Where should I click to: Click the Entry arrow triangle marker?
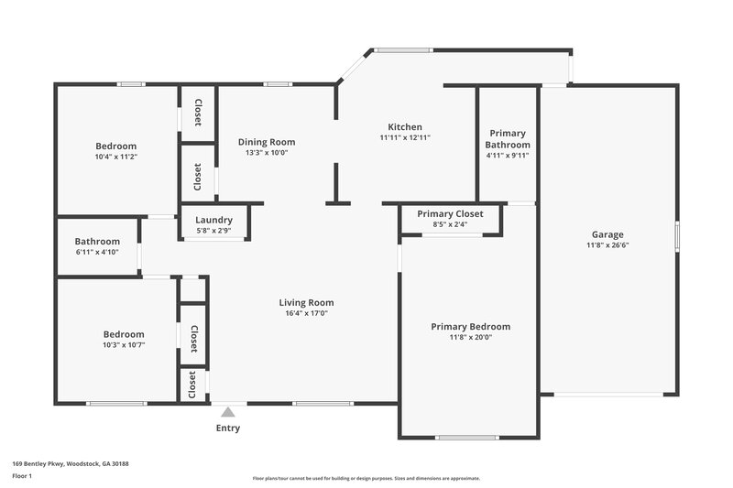click(x=227, y=412)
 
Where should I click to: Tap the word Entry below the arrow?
click(x=228, y=428)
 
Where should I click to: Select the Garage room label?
click(x=607, y=233)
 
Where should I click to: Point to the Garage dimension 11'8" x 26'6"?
click(x=607, y=244)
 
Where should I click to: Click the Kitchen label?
click(x=404, y=127)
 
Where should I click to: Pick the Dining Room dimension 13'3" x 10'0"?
click(x=267, y=153)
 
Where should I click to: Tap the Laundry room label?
click(x=213, y=221)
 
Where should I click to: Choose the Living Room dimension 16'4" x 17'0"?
click(x=306, y=313)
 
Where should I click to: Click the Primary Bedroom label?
click(x=471, y=327)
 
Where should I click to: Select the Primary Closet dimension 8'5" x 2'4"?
click(x=449, y=223)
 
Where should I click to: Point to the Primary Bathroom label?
click(x=508, y=139)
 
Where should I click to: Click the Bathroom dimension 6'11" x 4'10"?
click(x=97, y=252)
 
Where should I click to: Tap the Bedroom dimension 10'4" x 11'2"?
click(x=116, y=157)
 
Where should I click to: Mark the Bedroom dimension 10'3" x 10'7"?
click(x=123, y=345)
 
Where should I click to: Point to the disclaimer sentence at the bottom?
click(x=366, y=478)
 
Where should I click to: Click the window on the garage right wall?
click(x=677, y=234)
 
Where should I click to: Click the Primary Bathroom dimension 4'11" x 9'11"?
click(x=508, y=155)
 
